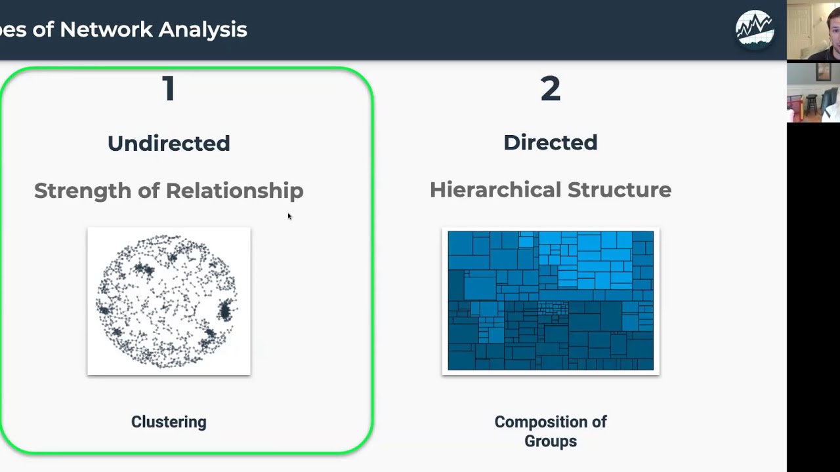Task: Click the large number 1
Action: [x=169, y=88]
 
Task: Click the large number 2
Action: [x=550, y=88]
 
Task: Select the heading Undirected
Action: [x=169, y=143]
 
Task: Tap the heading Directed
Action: [x=550, y=142]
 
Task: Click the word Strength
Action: [x=83, y=191]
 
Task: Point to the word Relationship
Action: [x=234, y=191]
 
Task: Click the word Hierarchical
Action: [x=495, y=189]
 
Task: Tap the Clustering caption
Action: [x=169, y=422]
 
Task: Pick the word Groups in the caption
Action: [x=550, y=441]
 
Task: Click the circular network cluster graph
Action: [x=169, y=302]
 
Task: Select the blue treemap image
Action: [x=550, y=300]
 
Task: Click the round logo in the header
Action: [x=755, y=29]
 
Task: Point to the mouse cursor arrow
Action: [x=289, y=216]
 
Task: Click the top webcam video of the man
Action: [x=813, y=31]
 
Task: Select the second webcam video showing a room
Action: [x=813, y=92]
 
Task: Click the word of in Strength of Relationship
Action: [x=148, y=191]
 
